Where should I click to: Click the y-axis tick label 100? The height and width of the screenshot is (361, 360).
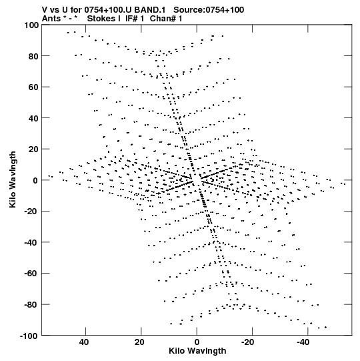[31, 25]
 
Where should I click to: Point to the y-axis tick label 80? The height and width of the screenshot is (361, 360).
[33, 56]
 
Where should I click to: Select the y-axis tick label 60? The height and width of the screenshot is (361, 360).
[33, 87]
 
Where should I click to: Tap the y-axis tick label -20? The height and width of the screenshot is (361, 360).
[31, 212]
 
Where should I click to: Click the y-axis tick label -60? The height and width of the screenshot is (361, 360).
[31, 274]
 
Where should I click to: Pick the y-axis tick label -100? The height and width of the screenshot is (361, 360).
[29, 336]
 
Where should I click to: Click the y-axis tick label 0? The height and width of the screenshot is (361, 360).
[35, 180]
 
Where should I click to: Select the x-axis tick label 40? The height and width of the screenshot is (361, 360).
[84, 342]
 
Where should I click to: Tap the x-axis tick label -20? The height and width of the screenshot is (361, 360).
[248, 342]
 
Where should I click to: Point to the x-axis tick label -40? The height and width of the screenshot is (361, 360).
[303, 342]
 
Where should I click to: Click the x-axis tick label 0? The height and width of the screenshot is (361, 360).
[197, 342]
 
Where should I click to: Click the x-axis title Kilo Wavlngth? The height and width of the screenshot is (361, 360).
[197, 351]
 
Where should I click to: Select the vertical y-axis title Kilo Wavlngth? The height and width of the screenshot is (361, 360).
[13, 179]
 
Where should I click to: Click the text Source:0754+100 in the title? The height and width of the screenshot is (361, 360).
[209, 10]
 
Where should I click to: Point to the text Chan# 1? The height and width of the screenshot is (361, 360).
[166, 19]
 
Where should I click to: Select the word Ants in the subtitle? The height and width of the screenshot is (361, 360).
[51, 19]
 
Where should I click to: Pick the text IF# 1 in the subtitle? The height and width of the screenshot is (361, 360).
[135, 19]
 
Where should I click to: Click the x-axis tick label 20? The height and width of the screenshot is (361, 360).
[139, 342]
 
